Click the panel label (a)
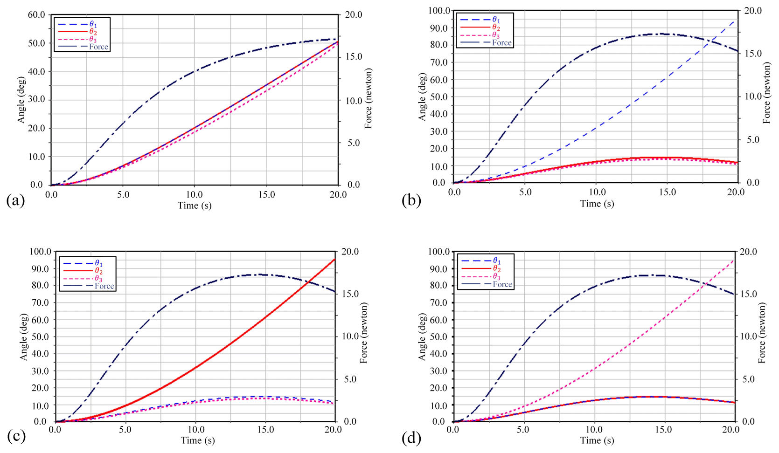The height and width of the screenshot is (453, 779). [15, 200]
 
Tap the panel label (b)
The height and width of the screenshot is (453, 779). [411, 200]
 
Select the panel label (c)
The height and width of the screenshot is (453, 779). [16, 436]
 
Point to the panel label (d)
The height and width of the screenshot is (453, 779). [411, 438]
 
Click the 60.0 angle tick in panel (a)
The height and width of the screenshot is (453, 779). [36, 15]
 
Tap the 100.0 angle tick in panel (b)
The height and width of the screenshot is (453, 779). [439, 11]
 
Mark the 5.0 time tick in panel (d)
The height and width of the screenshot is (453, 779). [523, 430]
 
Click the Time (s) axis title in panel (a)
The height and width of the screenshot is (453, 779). [195, 206]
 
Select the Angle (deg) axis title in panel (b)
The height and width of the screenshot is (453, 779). [423, 97]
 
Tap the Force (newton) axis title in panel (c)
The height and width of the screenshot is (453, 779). [364, 333]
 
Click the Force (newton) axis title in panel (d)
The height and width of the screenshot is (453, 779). [762, 333]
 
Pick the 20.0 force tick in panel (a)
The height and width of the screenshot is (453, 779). [353, 15]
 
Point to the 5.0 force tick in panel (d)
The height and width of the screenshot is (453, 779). [748, 379]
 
